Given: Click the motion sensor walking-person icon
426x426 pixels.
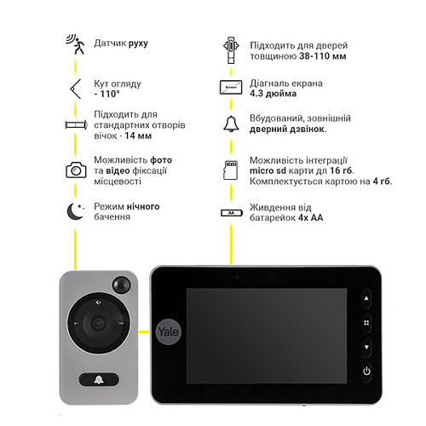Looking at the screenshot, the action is [x=76, y=44].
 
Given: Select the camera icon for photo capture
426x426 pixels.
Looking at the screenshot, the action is [x=76, y=170].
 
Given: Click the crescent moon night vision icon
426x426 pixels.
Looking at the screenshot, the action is [x=75, y=211].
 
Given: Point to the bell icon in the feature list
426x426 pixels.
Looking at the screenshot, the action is [x=231, y=124].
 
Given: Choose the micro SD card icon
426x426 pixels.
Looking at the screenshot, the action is [x=231, y=170].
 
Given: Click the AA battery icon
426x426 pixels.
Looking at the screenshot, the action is [x=232, y=213].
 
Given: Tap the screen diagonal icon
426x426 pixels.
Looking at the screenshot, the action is [x=231, y=87].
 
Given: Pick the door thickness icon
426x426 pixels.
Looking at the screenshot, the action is [x=231, y=50].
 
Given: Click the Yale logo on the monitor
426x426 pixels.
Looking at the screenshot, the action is [x=168, y=331].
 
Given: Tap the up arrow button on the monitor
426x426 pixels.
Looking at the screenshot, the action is [x=366, y=298].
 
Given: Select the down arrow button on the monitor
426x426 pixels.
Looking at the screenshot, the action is [x=366, y=347].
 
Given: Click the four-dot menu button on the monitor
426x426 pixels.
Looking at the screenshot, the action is [x=366, y=323].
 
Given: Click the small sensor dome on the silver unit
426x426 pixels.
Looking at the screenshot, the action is [x=122, y=285].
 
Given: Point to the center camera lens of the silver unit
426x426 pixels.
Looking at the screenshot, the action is [x=98, y=323].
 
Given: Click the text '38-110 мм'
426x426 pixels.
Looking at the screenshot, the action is [x=323, y=56].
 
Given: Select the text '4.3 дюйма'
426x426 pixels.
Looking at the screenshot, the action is [x=273, y=94].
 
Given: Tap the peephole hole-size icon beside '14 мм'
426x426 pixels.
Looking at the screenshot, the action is [x=76, y=124].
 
